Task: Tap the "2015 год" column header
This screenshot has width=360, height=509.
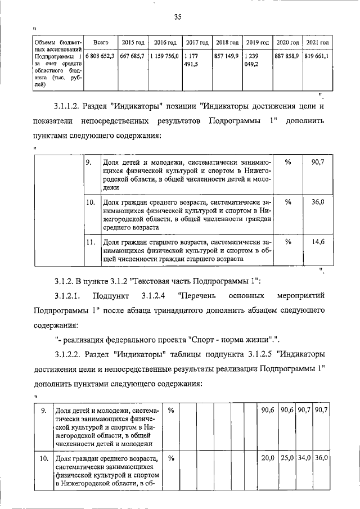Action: click(133, 43)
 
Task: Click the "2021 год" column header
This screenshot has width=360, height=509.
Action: click(318, 43)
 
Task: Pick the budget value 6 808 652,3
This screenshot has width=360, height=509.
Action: click(101, 56)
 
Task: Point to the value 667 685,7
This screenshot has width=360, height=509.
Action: click(133, 56)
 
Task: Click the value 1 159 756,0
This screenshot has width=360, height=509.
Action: click(165, 56)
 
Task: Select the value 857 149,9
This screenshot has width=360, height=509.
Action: click(227, 56)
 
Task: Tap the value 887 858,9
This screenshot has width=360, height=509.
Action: click(287, 56)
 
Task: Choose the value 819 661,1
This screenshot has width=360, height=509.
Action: click(317, 56)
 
